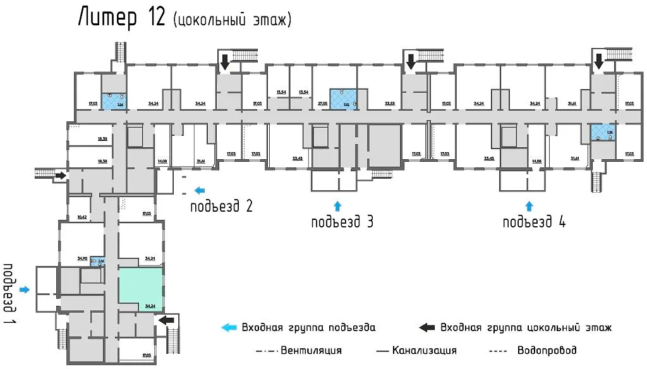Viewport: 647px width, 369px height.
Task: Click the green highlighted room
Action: pyautogui.click(x=142, y=287)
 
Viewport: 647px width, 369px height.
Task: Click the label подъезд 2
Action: pyautogui.click(x=222, y=206)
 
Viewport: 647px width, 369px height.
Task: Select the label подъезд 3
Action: pyautogui.click(x=342, y=222)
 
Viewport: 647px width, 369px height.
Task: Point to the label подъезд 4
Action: pyautogui.click(x=534, y=222)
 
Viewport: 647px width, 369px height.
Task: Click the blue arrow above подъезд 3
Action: pyautogui.click(x=337, y=205)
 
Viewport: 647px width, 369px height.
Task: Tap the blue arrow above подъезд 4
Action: pyautogui.click(x=529, y=205)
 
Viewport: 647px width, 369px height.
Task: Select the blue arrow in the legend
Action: pyautogui.click(x=229, y=327)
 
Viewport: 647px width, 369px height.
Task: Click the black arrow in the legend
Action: pyautogui.click(x=427, y=327)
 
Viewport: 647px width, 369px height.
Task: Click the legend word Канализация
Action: pyautogui.click(x=424, y=350)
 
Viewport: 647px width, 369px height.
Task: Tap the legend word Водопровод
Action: pyautogui.click(x=547, y=350)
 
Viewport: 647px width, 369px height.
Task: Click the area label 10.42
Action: pyautogui.click(x=82, y=217)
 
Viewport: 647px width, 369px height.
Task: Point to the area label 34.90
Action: pyautogui.click(x=82, y=258)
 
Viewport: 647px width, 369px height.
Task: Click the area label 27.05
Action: pyautogui.click(x=322, y=102)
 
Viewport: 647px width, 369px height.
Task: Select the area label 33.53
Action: pyautogui.click(x=390, y=102)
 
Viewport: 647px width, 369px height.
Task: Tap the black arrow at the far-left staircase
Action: pyautogui.click(x=61, y=176)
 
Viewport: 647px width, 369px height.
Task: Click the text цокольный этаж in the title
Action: pyautogui.click(x=231, y=21)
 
